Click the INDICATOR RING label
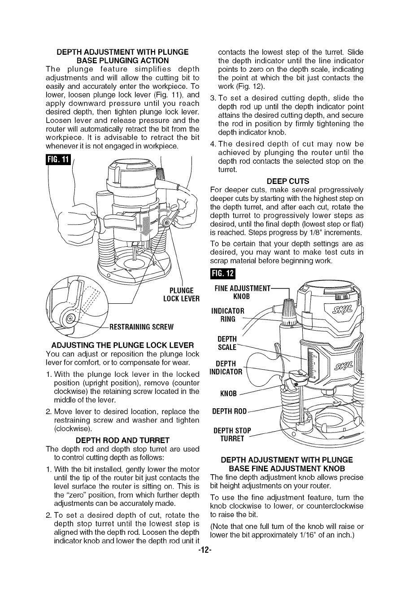(227, 315)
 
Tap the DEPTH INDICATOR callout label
(226, 367)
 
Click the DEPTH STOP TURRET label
(232, 435)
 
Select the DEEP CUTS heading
(287, 181)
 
